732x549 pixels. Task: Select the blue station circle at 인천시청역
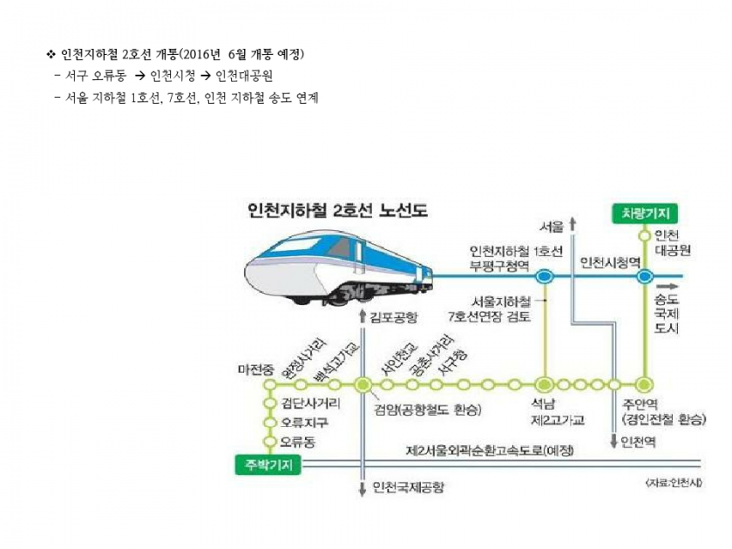pyautogui.click(x=645, y=276)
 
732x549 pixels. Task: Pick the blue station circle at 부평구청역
pyautogui.click(x=544, y=276)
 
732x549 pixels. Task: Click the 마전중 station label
pyautogui.click(x=255, y=369)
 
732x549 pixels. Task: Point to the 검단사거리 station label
pyautogui.click(x=311, y=403)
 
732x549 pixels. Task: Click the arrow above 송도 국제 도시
pyautogui.click(x=669, y=285)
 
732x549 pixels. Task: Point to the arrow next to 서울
pyautogui.click(x=573, y=225)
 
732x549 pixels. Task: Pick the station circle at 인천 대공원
pyautogui.click(x=645, y=235)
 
